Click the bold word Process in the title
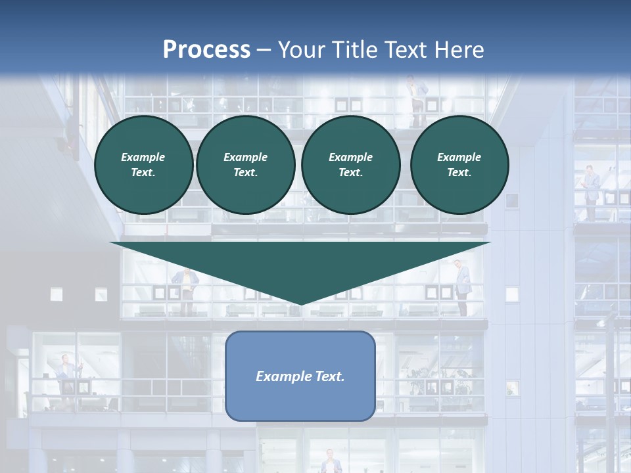pyautogui.click(x=206, y=49)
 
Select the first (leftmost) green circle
pyautogui.click(x=143, y=164)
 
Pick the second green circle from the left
pyautogui.click(x=245, y=164)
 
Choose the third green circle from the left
pyautogui.click(x=350, y=164)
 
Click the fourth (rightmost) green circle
pyautogui.click(x=459, y=164)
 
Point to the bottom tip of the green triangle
pyautogui.click(x=300, y=304)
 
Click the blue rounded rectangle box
pyautogui.click(x=300, y=394)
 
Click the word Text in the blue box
pyautogui.click(x=331, y=376)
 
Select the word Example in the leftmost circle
pyautogui.click(x=143, y=157)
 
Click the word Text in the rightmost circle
pyautogui.click(x=459, y=172)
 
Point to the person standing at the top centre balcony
pyautogui.click(x=415, y=99)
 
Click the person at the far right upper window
pyautogui.click(x=590, y=191)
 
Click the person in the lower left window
pyautogui.click(x=66, y=374)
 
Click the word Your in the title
pyautogui.click(x=299, y=49)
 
